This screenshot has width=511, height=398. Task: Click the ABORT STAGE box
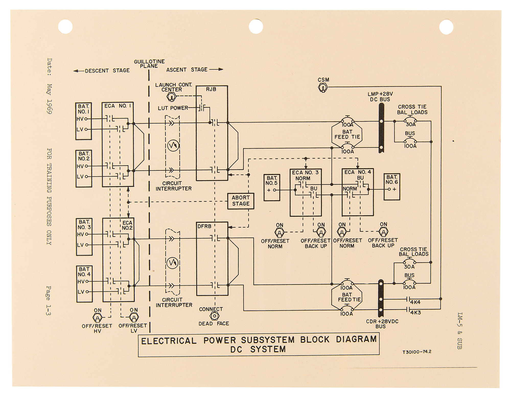point(241,201)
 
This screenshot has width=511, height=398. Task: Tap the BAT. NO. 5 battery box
point(272,187)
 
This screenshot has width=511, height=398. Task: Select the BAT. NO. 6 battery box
point(392,187)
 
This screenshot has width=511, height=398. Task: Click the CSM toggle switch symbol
point(323,88)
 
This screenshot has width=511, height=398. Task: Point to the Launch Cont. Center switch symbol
point(171,97)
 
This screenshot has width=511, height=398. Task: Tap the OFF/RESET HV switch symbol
point(97,318)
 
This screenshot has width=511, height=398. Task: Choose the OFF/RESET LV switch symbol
point(134,318)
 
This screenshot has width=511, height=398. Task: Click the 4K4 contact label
point(415,302)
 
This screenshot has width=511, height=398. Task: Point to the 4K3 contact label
point(415,312)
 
